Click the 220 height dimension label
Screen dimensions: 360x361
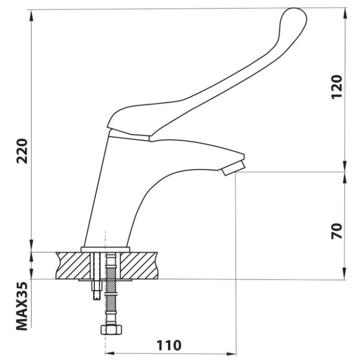[x=22, y=151]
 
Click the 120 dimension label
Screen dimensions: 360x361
[x=337, y=87]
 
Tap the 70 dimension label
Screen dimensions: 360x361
[x=337, y=231]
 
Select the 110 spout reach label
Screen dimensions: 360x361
[x=169, y=345]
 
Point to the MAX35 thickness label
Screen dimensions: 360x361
[x=22, y=306]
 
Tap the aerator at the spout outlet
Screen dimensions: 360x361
[x=233, y=168]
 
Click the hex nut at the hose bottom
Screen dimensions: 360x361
[x=111, y=329]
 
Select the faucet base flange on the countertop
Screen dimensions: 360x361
[x=105, y=249]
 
